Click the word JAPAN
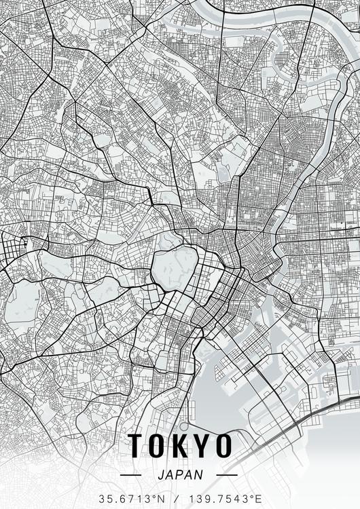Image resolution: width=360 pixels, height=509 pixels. [179, 475]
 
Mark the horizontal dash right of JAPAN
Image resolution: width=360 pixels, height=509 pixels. [226, 475]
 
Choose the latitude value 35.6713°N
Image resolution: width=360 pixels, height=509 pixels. [131, 499]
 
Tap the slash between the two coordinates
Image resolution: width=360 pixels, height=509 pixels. [175, 499]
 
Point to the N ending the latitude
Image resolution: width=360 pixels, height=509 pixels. [160, 499]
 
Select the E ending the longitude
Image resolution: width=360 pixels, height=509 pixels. [259, 499]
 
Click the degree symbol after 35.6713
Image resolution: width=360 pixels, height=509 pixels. [156, 496]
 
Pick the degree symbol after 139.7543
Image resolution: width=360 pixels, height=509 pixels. [254, 496]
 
